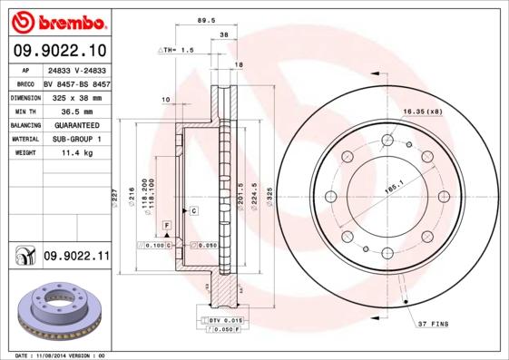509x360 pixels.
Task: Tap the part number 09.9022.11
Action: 76,258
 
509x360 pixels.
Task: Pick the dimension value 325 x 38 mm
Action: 76,96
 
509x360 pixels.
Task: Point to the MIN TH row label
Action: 23,111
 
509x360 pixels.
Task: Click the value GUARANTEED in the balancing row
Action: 76,125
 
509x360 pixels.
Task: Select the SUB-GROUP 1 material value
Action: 76,140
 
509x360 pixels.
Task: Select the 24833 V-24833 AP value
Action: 76,68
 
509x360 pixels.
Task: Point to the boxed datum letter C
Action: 194,210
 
